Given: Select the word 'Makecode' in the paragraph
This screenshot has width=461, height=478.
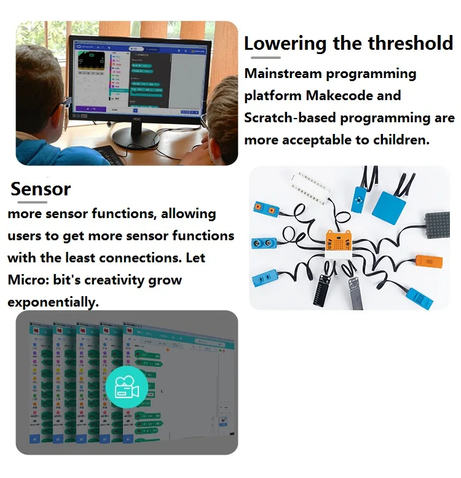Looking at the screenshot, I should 364,96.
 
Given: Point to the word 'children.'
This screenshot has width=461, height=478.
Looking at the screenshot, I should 400,140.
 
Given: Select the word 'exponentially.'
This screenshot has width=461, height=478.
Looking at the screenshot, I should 53,302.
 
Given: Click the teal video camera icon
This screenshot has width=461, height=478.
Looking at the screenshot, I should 127,388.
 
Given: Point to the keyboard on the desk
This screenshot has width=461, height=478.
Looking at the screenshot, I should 109,154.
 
